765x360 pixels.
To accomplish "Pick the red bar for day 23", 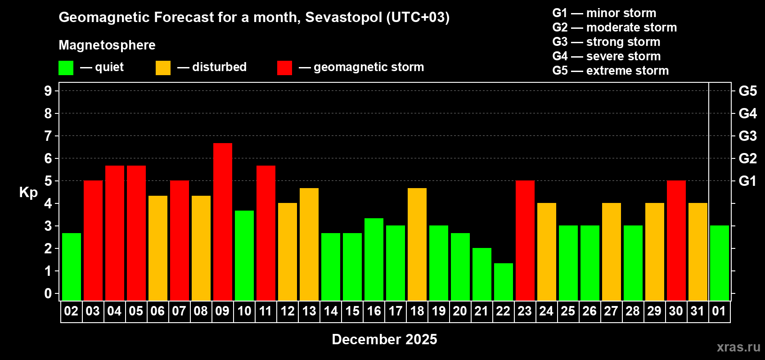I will pyautogui.click(x=525, y=240).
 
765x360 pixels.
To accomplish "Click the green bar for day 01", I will pyautogui.click(x=719, y=263).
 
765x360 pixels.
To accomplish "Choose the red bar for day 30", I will pyautogui.click(x=676, y=240).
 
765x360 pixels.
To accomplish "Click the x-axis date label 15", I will pyautogui.click(x=352, y=311).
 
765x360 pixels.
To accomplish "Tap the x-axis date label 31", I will pyautogui.click(x=697, y=311).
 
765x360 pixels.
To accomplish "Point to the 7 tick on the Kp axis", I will pyautogui.click(x=48, y=136).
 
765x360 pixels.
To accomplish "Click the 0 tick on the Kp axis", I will pyautogui.click(x=48, y=294).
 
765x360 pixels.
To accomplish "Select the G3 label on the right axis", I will pyautogui.click(x=747, y=136).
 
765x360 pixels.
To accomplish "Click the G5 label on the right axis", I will pyautogui.click(x=747, y=91).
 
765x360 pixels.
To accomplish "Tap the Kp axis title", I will pyautogui.click(x=28, y=193).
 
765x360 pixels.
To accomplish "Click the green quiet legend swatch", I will pyautogui.click(x=66, y=68).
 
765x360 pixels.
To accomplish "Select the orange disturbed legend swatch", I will pyautogui.click(x=163, y=68).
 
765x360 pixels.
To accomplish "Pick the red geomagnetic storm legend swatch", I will pyautogui.click(x=284, y=68).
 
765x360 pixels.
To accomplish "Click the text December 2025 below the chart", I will pyautogui.click(x=384, y=339).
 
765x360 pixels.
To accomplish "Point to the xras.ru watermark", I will pyautogui.click(x=738, y=347).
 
